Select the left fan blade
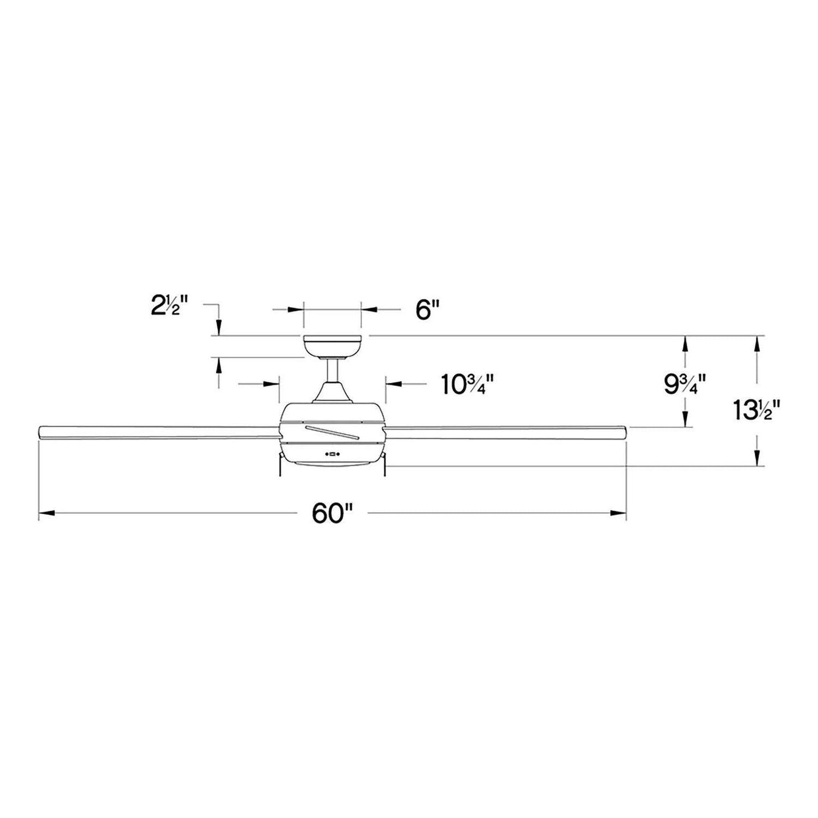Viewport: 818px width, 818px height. pos(158,431)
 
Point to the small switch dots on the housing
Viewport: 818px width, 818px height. pos(332,453)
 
